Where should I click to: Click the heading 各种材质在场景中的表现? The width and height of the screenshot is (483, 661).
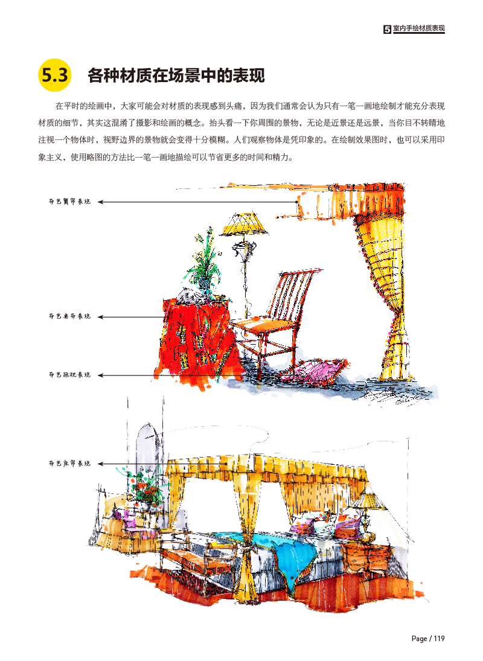(176, 77)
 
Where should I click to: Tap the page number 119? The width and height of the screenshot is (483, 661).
(439, 639)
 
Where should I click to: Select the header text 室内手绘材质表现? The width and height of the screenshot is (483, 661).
(418, 28)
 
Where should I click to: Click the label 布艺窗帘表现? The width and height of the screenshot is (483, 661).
(69, 202)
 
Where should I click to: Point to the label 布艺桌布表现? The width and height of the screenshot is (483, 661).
(69, 316)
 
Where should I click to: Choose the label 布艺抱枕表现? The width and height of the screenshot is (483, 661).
(69, 375)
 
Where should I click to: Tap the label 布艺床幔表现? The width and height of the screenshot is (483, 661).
(69, 464)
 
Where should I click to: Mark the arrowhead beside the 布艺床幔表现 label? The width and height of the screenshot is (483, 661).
(101, 464)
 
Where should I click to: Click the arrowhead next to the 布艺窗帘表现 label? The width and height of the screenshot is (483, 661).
(101, 202)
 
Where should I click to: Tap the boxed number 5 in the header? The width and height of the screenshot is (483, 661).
(387, 29)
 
